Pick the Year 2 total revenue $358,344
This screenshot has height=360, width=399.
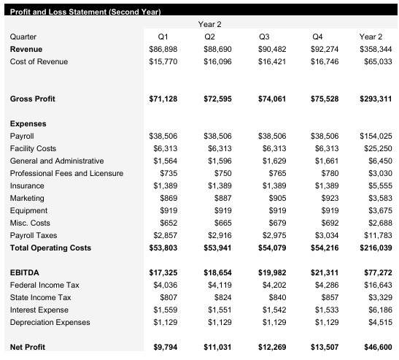376,49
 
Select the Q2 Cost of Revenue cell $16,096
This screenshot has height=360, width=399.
215,61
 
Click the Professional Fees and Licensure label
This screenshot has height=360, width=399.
66,173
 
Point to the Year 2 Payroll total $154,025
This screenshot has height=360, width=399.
376,136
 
